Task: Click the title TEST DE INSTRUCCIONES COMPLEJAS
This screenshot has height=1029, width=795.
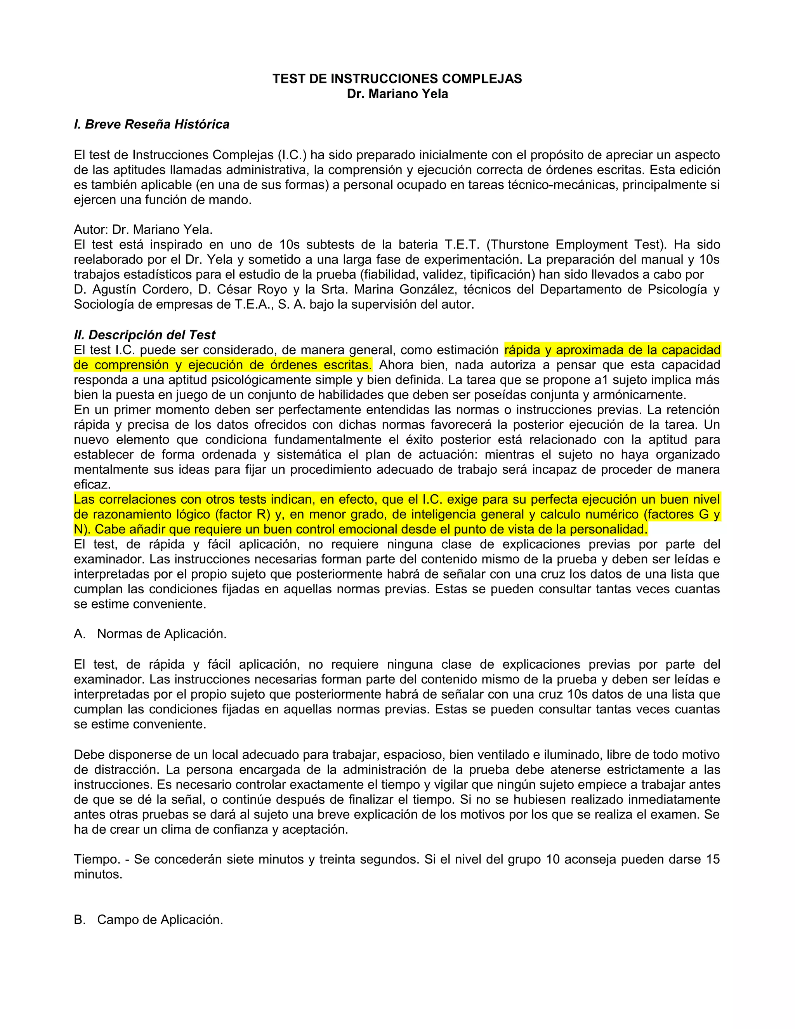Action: pyautogui.click(x=397, y=79)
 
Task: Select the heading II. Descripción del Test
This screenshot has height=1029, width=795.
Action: pyautogui.click(x=144, y=335)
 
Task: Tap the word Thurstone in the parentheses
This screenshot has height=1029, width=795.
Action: pyautogui.click(x=519, y=245)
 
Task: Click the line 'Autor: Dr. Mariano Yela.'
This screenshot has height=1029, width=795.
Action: pyautogui.click(x=143, y=229)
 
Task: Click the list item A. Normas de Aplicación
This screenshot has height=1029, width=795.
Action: pyautogui.click(x=150, y=634)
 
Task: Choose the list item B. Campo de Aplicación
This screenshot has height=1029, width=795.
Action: pyautogui.click(x=148, y=919)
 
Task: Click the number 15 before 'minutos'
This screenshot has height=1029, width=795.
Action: pyautogui.click(x=713, y=859)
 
